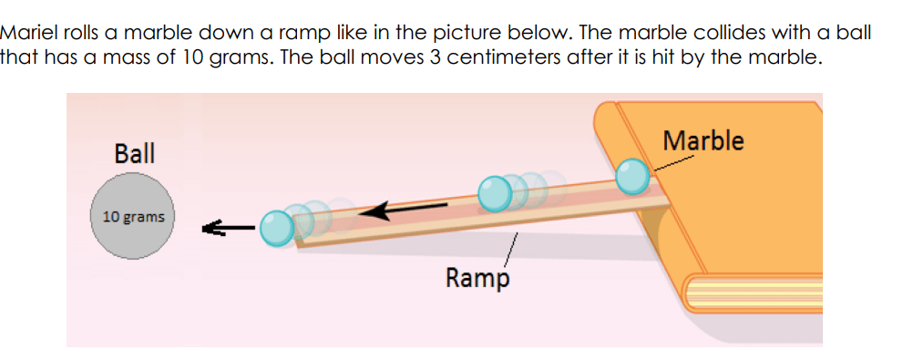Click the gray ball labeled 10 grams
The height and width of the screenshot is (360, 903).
click(x=133, y=216)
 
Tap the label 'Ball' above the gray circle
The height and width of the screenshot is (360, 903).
click(x=135, y=154)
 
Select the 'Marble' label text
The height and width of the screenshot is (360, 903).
click(x=703, y=140)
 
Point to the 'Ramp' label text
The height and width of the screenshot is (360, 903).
click(x=477, y=279)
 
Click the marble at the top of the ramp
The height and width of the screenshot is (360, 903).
click(x=632, y=176)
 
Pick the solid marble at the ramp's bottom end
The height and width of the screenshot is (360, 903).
click(x=277, y=229)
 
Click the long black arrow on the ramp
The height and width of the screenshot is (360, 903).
click(x=403, y=211)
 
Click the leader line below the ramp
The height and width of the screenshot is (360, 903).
click(x=511, y=250)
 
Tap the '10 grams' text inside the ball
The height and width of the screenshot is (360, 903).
click(x=133, y=218)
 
